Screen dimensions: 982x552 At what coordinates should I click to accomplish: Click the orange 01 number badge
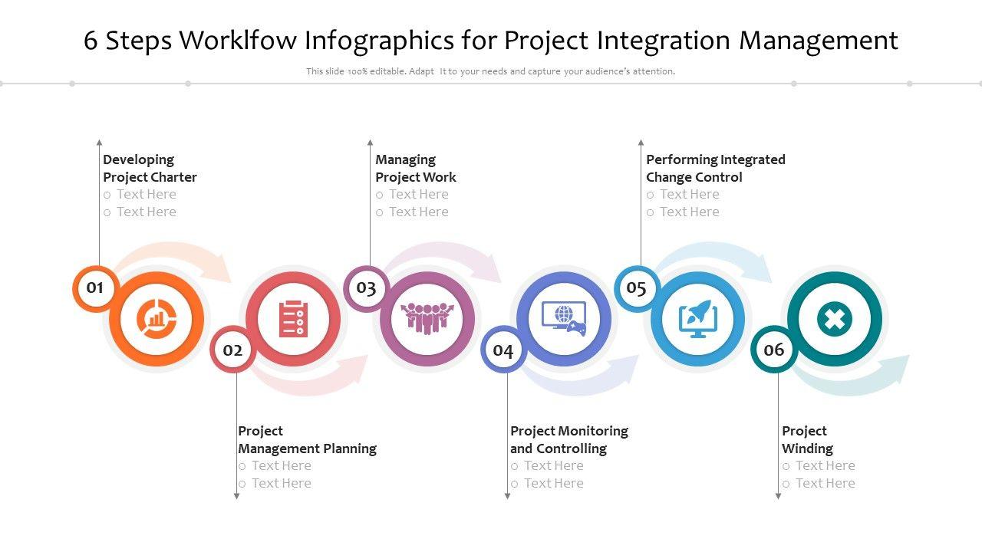pos(94,288)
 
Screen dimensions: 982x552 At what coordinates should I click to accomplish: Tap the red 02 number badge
pos(232,350)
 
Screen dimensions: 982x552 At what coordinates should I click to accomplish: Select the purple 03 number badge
pos(366,288)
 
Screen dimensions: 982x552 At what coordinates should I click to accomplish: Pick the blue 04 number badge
pos(503,350)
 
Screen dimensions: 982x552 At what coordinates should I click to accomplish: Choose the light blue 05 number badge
pos(637,288)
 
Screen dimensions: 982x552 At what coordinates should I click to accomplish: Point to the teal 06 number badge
pos(774,350)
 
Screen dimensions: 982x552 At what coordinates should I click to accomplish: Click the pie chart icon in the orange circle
pos(156,319)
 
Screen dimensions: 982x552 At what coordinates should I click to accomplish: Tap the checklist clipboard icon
pos(293,319)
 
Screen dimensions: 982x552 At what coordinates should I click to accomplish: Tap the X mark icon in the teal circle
pos(835,319)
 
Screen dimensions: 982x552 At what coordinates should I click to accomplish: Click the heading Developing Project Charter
pos(150,168)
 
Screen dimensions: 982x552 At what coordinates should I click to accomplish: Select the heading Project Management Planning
pos(308,440)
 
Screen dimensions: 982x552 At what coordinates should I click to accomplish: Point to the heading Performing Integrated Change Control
pos(716,168)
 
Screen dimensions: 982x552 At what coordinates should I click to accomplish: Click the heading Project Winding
pos(808,440)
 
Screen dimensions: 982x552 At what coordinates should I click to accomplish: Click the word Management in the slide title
pos(819,41)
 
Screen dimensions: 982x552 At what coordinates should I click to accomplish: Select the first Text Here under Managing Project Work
pos(419,194)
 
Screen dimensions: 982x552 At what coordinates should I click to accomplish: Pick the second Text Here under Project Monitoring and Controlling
pos(554,483)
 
